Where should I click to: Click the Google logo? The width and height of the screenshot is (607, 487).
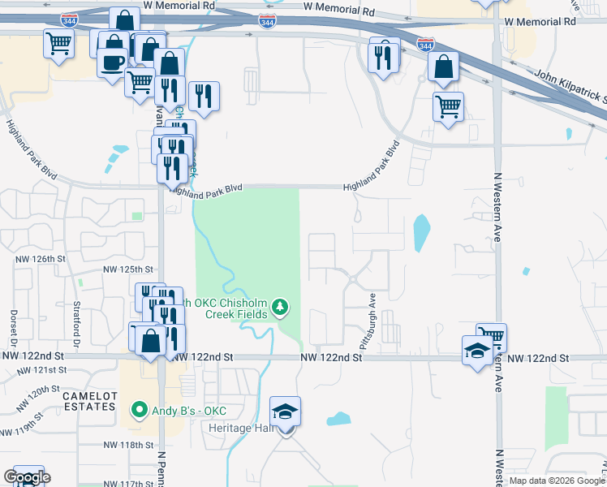[x=27, y=477]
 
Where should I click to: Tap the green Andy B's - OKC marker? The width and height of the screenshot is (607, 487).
[x=139, y=409]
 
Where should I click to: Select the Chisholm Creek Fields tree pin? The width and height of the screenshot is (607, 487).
[x=280, y=307]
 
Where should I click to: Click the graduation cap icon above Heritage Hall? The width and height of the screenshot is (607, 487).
[x=286, y=411]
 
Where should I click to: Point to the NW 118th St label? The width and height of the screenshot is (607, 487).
[x=128, y=445]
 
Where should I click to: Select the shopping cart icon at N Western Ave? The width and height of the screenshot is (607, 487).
[x=491, y=336]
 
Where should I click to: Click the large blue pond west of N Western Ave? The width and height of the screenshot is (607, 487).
[x=421, y=234]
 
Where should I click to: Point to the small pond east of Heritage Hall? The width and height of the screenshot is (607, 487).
[x=338, y=419]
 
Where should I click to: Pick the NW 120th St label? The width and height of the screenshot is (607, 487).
[x=41, y=395]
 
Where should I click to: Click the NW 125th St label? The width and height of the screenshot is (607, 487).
[x=128, y=269]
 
